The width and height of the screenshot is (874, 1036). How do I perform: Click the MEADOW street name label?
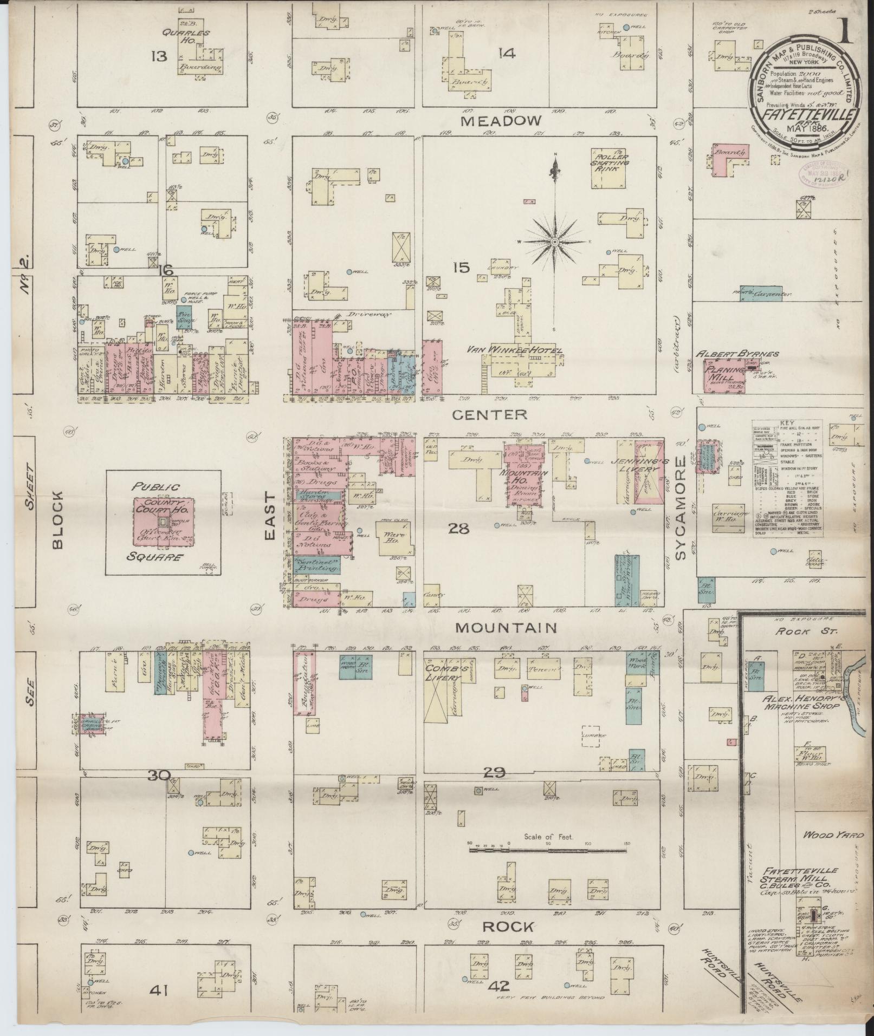[x=501, y=121]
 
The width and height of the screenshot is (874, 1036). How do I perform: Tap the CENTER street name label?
[x=489, y=415]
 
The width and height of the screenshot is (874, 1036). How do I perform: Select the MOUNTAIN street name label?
[x=506, y=628]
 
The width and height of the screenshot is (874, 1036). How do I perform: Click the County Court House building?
[x=163, y=520]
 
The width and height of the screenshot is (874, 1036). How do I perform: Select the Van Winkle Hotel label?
[x=519, y=350]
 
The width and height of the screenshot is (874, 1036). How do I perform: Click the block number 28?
[x=459, y=528]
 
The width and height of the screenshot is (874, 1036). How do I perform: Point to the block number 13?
[x=159, y=56]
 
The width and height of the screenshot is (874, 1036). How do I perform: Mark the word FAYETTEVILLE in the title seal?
[x=803, y=115]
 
